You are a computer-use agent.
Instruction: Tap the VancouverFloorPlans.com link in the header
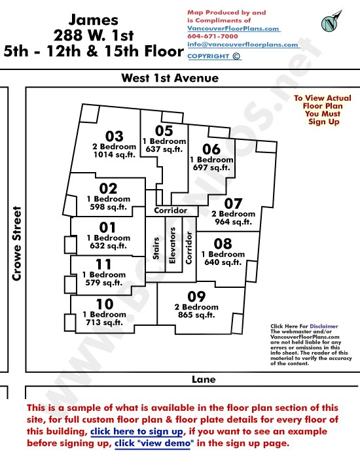[x=233, y=28]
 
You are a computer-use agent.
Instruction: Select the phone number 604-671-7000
[x=213, y=36]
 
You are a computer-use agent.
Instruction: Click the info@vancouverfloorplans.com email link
[x=243, y=44]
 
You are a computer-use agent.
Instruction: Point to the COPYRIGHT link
[x=214, y=56]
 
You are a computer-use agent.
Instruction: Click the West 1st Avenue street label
[x=170, y=78]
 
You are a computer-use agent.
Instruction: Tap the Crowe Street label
[x=17, y=244]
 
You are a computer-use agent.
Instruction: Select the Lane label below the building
[x=204, y=379]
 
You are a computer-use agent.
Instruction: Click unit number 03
[x=115, y=136]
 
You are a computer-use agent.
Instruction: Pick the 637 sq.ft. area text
[x=164, y=149]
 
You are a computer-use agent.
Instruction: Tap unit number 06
[x=211, y=149]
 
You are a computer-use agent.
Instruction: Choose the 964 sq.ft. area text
[x=233, y=222]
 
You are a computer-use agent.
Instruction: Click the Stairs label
[x=156, y=248]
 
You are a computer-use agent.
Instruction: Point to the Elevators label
[x=172, y=245]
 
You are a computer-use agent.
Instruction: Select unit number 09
[x=196, y=297]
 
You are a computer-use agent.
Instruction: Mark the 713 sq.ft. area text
[x=104, y=323]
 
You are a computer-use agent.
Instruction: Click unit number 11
[x=103, y=264]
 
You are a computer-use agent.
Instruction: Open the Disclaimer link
[x=324, y=326]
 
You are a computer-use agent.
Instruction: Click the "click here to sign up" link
[x=137, y=431]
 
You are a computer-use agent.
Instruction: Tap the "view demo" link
[x=154, y=443]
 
